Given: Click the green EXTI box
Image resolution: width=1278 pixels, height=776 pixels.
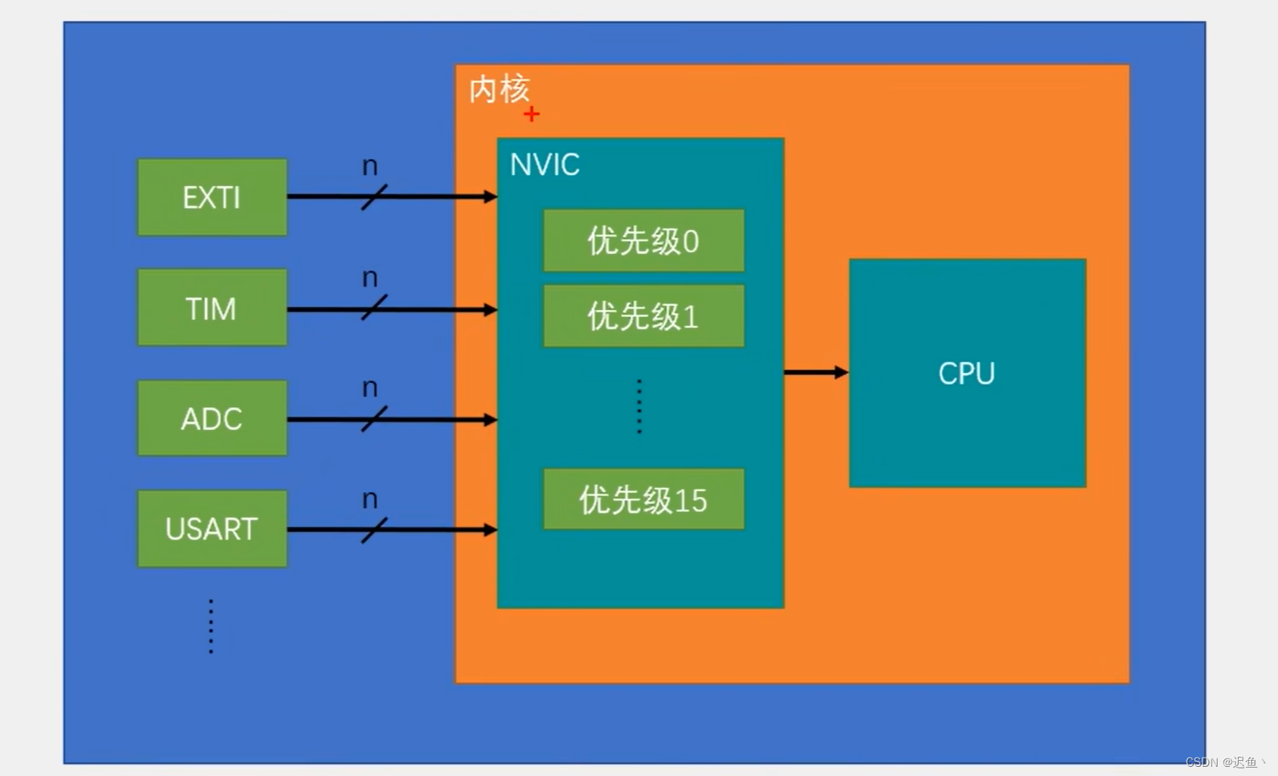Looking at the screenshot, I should point(212,198).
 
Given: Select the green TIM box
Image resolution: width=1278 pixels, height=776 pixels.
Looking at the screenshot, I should point(212,308).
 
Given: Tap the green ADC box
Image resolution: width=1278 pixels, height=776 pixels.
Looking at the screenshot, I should point(212,418).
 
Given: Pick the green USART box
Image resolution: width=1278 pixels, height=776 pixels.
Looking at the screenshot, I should point(212,529).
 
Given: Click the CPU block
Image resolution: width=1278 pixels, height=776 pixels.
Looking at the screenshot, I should point(967,373).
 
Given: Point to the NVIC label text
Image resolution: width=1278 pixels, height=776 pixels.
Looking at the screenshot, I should point(545,165).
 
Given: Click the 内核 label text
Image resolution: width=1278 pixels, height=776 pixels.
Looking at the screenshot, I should point(499,89).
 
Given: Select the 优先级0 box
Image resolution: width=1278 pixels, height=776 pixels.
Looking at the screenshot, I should point(643,241).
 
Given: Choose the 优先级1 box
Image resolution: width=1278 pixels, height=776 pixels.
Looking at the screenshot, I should point(643,316).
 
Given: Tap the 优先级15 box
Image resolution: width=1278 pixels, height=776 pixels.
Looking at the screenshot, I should point(643,499).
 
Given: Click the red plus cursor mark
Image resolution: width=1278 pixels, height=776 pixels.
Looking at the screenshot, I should point(532,114).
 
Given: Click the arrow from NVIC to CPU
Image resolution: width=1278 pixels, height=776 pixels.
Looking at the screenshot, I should point(815,372).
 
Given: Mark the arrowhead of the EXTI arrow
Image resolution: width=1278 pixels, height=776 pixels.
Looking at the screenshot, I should point(491,197).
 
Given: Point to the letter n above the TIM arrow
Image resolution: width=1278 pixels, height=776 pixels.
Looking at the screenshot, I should point(370,278).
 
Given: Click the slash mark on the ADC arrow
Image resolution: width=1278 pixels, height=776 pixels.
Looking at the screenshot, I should point(374,419).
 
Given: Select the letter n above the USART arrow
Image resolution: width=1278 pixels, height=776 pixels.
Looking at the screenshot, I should point(370,499).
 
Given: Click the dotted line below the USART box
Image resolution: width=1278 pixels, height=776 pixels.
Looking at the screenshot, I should point(211,626).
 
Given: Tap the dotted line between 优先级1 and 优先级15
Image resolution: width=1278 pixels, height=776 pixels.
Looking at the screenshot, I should point(639,406).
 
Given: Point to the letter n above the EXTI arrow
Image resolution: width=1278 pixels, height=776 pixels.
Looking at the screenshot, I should point(370,167).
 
